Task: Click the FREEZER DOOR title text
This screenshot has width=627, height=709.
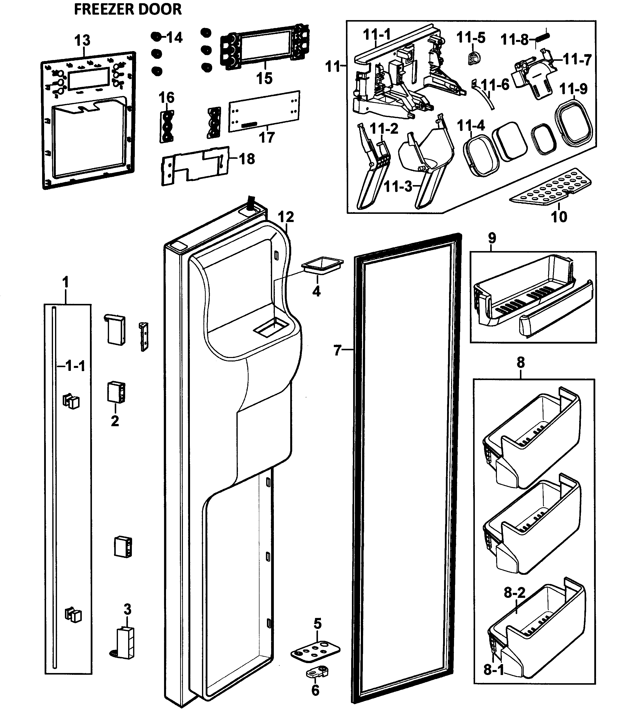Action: pos(128,9)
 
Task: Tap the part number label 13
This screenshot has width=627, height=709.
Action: pos(82,40)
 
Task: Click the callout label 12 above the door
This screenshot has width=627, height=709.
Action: pos(286,217)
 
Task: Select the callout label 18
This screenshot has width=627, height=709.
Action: pos(247,159)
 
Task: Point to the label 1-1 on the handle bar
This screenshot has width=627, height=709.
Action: pos(74,366)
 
